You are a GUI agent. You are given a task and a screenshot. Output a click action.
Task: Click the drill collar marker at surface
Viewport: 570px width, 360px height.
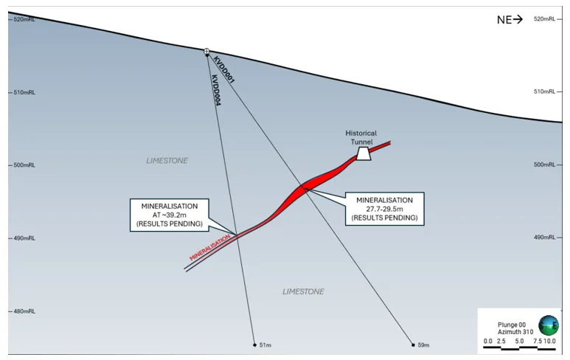pyautogui.click(x=207, y=52)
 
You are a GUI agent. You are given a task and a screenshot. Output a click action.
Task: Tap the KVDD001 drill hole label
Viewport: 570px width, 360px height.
pyautogui.click(x=223, y=68)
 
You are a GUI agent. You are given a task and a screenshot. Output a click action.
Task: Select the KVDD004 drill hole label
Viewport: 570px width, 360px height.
pyautogui.click(x=216, y=91)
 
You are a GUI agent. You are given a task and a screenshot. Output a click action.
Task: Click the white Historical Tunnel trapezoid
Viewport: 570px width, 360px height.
pyautogui.click(x=363, y=153)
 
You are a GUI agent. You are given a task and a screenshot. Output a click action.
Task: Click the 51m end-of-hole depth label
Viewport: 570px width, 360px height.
pyautogui.click(x=263, y=345)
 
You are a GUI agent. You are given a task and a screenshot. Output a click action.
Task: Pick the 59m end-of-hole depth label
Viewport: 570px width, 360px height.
pyautogui.click(x=423, y=345)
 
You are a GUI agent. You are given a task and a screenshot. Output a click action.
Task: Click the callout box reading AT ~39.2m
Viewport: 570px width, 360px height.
pyautogui.click(x=169, y=215)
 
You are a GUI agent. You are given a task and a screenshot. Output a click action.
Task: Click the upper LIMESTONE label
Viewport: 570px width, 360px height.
pyautogui.click(x=167, y=160)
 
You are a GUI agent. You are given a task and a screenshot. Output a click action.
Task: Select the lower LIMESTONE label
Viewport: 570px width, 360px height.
pyautogui.click(x=303, y=291)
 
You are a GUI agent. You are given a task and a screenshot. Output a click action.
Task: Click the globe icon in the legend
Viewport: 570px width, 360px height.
pyautogui.click(x=548, y=325)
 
